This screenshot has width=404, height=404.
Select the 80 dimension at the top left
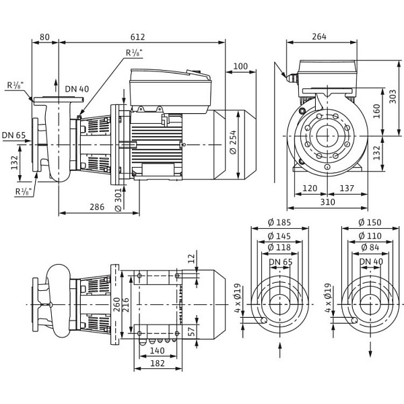[x=45, y=36]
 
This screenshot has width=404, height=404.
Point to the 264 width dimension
[x=319, y=36]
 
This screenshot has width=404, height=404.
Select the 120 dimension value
[x=310, y=189]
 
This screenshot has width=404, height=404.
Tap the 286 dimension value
[x=98, y=207]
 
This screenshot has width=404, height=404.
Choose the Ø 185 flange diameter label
[x=279, y=223]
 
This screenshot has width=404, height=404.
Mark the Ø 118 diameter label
[x=279, y=248]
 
